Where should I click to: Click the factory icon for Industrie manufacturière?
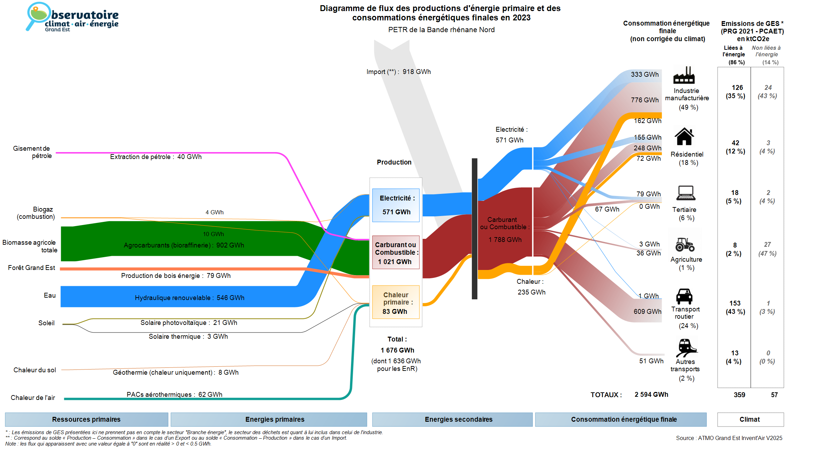(x=684, y=75)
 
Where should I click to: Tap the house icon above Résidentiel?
(x=684, y=137)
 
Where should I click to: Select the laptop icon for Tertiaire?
(x=686, y=193)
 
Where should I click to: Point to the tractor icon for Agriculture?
(x=685, y=244)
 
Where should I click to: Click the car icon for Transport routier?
(x=684, y=296)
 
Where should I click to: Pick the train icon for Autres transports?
(x=686, y=347)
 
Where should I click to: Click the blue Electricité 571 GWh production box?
(x=396, y=205)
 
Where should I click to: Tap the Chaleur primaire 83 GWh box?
(x=396, y=302)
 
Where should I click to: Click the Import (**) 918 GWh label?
(x=399, y=72)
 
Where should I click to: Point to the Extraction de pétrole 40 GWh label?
(x=156, y=157)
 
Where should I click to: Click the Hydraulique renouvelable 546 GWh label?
(x=189, y=298)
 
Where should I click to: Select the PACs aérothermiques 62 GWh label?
(x=174, y=394)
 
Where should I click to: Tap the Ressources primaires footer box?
(x=86, y=419)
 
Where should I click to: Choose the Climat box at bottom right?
(x=750, y=419)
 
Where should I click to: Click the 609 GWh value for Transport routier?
(x=647, y=311)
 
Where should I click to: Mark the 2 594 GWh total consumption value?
(x=651, y=395)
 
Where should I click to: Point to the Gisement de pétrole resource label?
(x=32, y=152)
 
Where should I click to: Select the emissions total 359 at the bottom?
(x=739, y=395)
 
